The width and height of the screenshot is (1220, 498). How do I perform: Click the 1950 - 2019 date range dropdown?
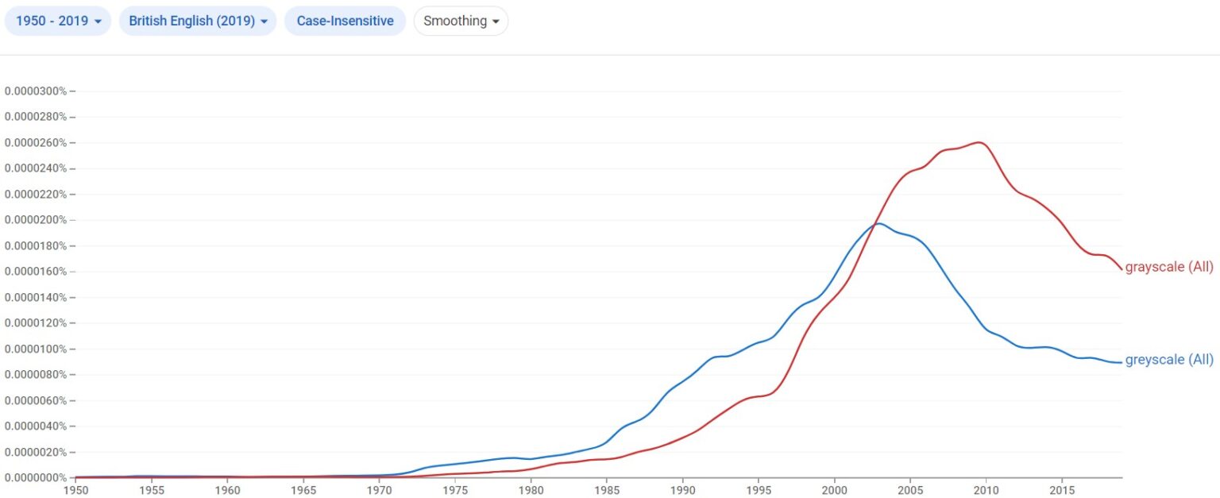coord(59,21)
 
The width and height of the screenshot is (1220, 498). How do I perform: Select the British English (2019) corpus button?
coord(197,21)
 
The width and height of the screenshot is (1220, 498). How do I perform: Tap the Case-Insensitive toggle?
coord(345,21)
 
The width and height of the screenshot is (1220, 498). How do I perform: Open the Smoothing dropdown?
coord(461,21)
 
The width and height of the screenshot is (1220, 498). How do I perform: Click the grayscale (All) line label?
coord(1169,267)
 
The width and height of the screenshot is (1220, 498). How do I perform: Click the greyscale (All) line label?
coord(1169,360)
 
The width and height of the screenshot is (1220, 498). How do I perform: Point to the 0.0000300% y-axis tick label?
coord(36,91)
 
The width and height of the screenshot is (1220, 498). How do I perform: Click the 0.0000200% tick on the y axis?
coord(36,220)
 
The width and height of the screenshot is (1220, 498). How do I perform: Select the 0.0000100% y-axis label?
coord(36,349)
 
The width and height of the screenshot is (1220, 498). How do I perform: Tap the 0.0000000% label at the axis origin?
coord(36,477)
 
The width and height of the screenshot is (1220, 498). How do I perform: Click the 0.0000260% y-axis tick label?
coord(36,142)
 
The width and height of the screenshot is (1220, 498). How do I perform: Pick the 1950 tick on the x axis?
coord(75,490)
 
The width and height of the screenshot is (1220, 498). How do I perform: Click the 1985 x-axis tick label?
coord(607,490)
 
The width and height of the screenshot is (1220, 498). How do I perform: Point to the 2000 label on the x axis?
coord(834,490)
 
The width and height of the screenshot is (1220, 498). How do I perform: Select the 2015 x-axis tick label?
coord(1062,490)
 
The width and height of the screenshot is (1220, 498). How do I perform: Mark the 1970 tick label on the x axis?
coord(379,490)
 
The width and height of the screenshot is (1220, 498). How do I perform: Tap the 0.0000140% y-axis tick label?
coord(36,297)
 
